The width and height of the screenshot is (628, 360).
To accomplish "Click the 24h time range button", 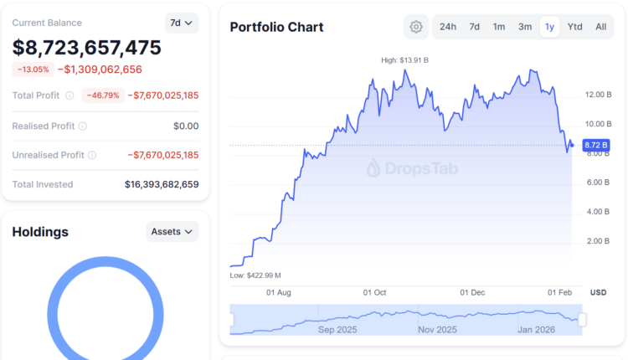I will point(448,27).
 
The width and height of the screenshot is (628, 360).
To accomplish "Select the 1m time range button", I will point(499,27).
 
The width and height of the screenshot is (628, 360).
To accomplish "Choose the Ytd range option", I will point(574,27).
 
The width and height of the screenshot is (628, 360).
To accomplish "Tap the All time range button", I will point(601,27).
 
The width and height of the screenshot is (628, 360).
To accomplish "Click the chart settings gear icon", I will point(416,27).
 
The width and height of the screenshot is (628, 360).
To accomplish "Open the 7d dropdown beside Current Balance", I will point(182,23).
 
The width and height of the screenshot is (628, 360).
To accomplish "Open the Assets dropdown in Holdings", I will point(172,231).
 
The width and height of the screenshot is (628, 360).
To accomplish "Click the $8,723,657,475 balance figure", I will point(87,47).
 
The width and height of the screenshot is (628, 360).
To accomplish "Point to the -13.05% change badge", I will point(33,69).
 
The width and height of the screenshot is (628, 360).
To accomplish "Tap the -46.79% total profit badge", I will point(103,95).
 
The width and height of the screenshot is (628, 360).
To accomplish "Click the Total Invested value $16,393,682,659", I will point(162,184).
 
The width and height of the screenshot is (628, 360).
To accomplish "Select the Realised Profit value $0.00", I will point(185,126).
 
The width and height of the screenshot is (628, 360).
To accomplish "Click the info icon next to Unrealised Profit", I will point(92,155).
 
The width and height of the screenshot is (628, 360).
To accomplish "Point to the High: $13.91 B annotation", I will point(405,60).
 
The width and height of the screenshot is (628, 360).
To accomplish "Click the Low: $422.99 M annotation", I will point(255,275).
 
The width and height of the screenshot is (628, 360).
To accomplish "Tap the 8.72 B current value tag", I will point(595,145).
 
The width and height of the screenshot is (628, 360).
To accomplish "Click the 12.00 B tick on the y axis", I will point(596,94).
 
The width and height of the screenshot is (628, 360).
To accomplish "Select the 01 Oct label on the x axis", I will point(374,292).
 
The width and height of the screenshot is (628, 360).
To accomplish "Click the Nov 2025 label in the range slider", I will point(436,329).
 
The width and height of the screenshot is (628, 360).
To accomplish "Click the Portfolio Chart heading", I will point(276,27).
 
